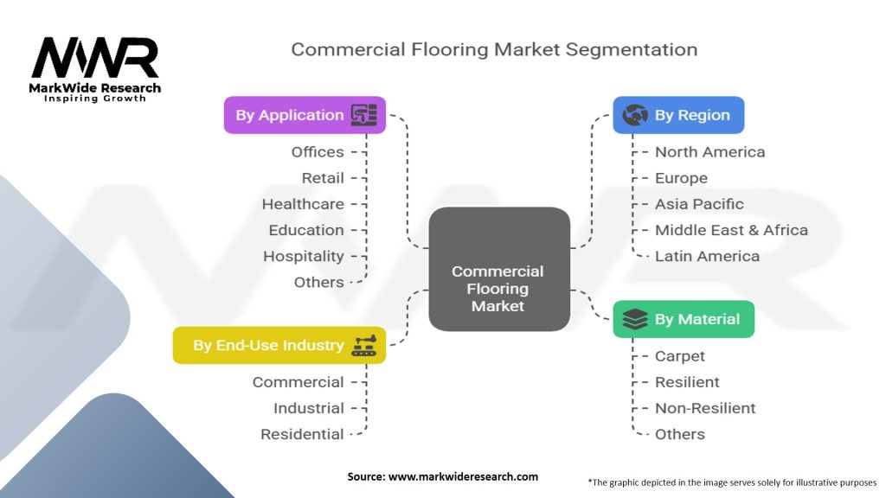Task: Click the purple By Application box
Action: tap(305, 115)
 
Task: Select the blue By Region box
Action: tap(678, 115)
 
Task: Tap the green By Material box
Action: tap(684, 319)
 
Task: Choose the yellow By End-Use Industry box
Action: tap(279, 345)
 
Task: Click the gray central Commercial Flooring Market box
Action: tap(499, 269)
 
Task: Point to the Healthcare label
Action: tap(303, 204)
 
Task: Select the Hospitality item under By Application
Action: tap(304, 256)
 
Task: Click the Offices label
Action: tap(318, 152)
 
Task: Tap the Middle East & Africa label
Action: tap(731, 230)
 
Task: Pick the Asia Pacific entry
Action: tap(699, 204)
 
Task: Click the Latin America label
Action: tap(707, 256)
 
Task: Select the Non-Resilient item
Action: tap(704, 408)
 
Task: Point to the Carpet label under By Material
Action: tap(680, 356)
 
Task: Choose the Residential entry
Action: tap(302, 434)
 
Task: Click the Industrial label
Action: tap(309, 408)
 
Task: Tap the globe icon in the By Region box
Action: tap(634, 115)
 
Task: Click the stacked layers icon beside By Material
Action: tap(634, 319)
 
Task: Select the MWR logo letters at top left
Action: tap(95, 58)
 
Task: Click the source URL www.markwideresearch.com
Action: tap(463, 476)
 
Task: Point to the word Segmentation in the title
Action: tap(631, 49)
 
